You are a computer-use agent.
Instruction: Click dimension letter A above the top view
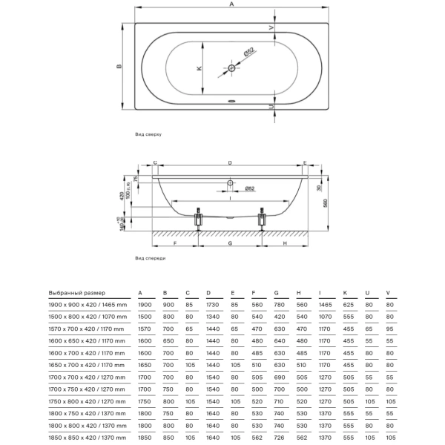coord(232,5)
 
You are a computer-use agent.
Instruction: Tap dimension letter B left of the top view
coord(119,67)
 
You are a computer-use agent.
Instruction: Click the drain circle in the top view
coord(232,68)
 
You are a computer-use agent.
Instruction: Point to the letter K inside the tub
coord(200,68)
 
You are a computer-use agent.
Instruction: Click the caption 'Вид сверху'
coord(148,134)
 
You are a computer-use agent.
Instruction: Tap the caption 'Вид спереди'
coord(151,258)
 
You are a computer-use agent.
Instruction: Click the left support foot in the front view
coord(199,220)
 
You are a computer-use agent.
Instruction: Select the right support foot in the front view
coord(261,220)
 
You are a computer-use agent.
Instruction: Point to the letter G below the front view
coord(231,243)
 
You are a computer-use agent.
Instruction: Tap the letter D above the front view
coord(230,162)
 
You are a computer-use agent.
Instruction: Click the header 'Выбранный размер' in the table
coord(77,293)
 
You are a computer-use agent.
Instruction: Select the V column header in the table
coord(389,293)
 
